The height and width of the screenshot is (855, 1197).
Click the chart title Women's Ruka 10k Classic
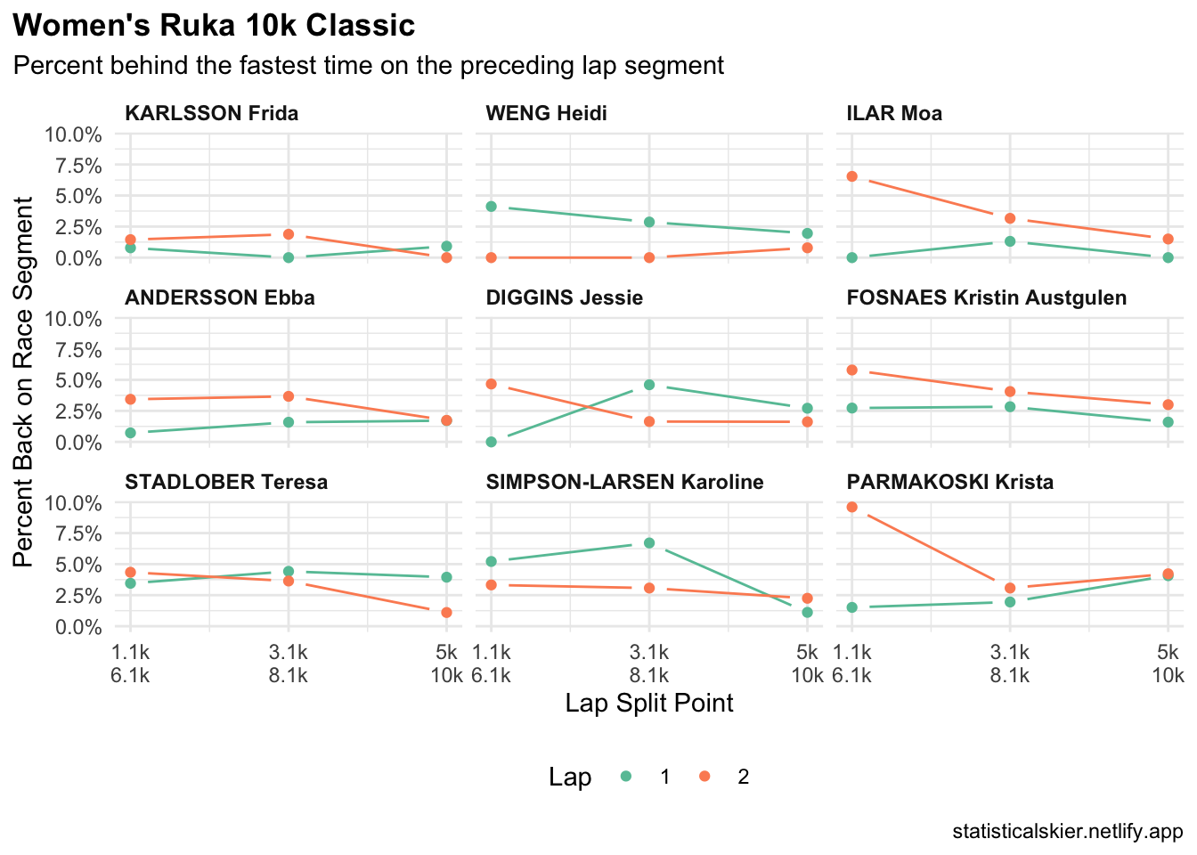[215, 26]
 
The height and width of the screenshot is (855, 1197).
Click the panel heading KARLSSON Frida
[212, 113]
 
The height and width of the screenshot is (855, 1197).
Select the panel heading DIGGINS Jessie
[565, 297]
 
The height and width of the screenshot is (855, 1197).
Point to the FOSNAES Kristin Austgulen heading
[987, 297]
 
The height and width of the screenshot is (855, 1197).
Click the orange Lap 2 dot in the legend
[704, 777]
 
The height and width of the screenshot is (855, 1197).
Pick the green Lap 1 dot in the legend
[626, 777]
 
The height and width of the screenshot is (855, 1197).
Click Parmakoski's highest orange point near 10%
[852, 507]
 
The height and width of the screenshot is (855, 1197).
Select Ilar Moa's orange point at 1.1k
[852, 176]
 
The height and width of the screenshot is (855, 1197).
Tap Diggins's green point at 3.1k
[649, 385]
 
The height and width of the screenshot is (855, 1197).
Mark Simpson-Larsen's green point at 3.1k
[649, 542]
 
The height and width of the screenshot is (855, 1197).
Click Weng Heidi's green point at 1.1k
[492, 206]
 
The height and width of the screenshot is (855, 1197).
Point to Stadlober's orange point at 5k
[446, 612]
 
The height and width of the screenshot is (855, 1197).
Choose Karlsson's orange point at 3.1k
[289, 234]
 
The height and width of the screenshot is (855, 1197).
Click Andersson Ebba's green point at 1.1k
[131, 433]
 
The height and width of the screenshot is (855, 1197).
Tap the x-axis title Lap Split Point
[649, 703]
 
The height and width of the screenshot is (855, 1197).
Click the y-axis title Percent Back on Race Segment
[24, 381]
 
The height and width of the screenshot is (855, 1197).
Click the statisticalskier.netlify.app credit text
[1067, 832]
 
